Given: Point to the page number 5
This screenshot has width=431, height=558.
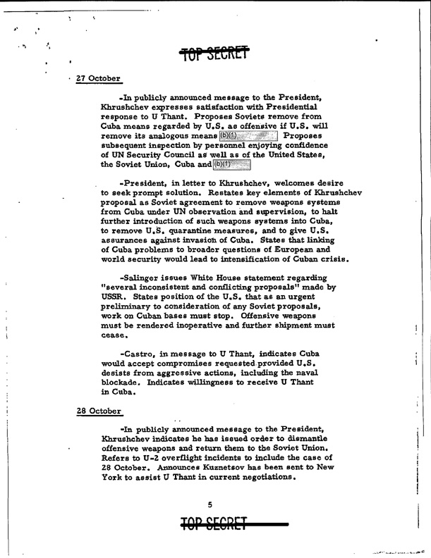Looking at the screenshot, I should (210, 503).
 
